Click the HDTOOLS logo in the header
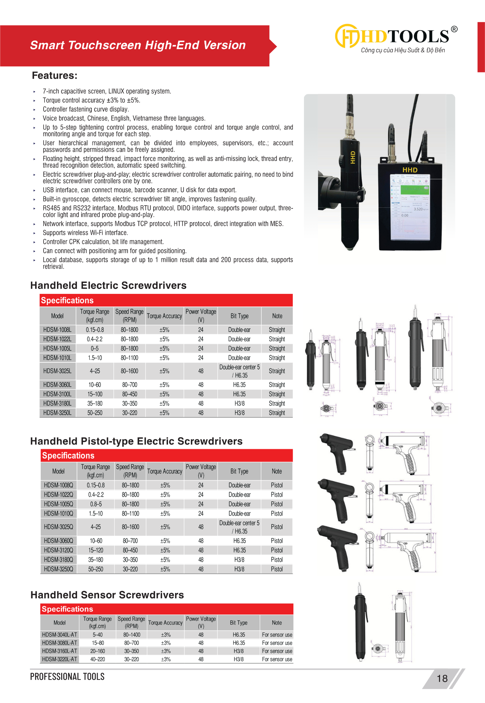point(396,36)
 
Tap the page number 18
point(442,678)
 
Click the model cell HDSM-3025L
point(57,371)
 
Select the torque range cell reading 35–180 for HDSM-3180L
point(95,404)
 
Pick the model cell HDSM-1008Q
point(59,485)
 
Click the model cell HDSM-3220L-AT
point(59,659)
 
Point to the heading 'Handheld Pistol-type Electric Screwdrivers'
point(136,441)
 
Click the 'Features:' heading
point(54,76)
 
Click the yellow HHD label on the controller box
point(410,170)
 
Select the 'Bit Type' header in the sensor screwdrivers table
point(239,623)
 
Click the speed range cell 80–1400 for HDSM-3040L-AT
point(132,635)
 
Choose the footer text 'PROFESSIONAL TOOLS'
point(67,677)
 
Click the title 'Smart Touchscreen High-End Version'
point(138,45)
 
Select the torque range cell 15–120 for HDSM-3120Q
point(96,550)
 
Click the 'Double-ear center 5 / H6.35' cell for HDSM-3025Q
point(239,527)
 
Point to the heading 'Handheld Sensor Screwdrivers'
point(107,595)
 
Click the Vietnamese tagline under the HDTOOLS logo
point(403,50)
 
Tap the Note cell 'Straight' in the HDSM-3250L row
point(277,413)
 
